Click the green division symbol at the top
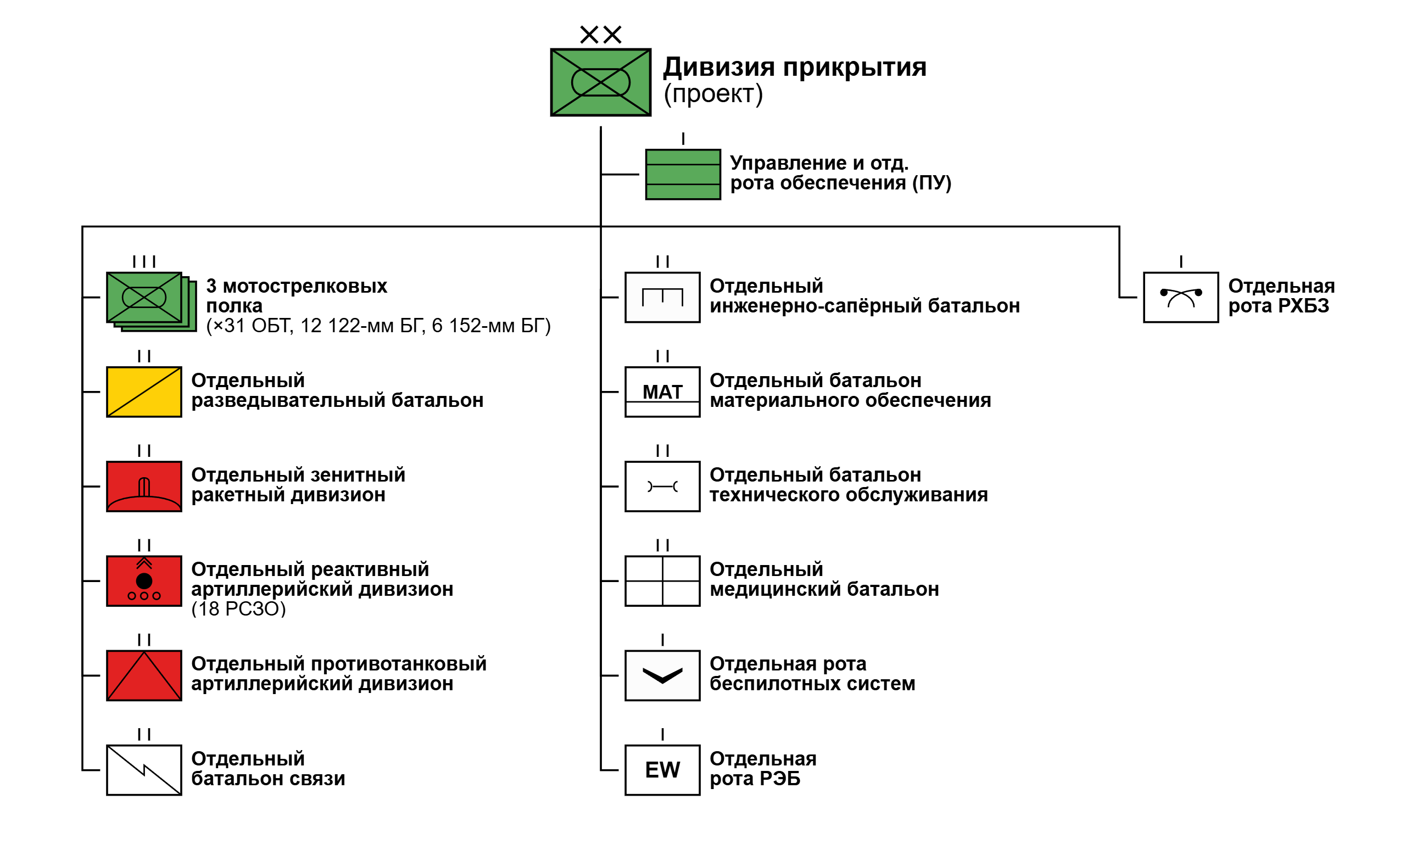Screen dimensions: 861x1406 tap(600, 82)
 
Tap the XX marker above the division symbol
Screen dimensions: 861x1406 tap(600, 35)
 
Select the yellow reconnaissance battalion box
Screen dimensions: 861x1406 tap(144, 392)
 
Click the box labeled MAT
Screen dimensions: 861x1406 tap(662, 392)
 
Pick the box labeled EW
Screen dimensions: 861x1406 tap(662, 770)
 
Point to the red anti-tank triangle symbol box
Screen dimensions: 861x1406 tap(144, 675)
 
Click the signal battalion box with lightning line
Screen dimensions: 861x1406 tap(144, 770)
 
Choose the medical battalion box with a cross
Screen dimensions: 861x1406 tap(662, 581)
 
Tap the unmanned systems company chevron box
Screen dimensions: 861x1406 tap(662, 675)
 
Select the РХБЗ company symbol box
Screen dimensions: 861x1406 tap(1181, 297)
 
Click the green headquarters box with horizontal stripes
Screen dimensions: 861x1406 tap(683, 175)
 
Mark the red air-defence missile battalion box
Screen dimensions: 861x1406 tap(144, 486)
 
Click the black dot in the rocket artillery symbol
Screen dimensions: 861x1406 tap(144, 581)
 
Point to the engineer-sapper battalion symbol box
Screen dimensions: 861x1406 tap(662, 297)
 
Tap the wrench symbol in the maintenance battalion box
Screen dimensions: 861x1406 tap(662, 486)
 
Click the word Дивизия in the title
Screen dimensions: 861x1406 tap(718, 68)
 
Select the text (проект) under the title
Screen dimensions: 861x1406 tap(713, 93)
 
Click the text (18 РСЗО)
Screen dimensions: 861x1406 tap(238, 609)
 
